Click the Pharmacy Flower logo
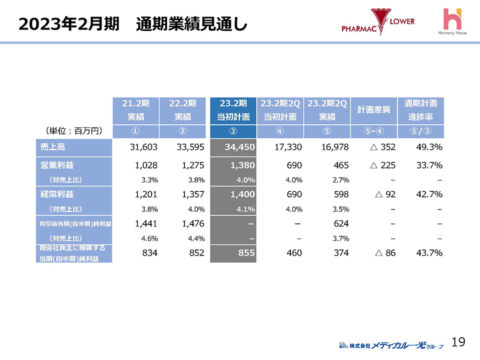(x=378, y=22)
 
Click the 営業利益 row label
(x=74, y=165)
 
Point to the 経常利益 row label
(x=74, y=194)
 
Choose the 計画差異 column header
(x=373, y=110)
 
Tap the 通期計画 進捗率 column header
(x=420, y=110)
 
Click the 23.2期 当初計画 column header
(x=233, y=110)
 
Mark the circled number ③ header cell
(x=233, y=131)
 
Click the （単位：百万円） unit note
(x=74, y=131)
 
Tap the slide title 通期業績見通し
(x=192, y=23)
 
